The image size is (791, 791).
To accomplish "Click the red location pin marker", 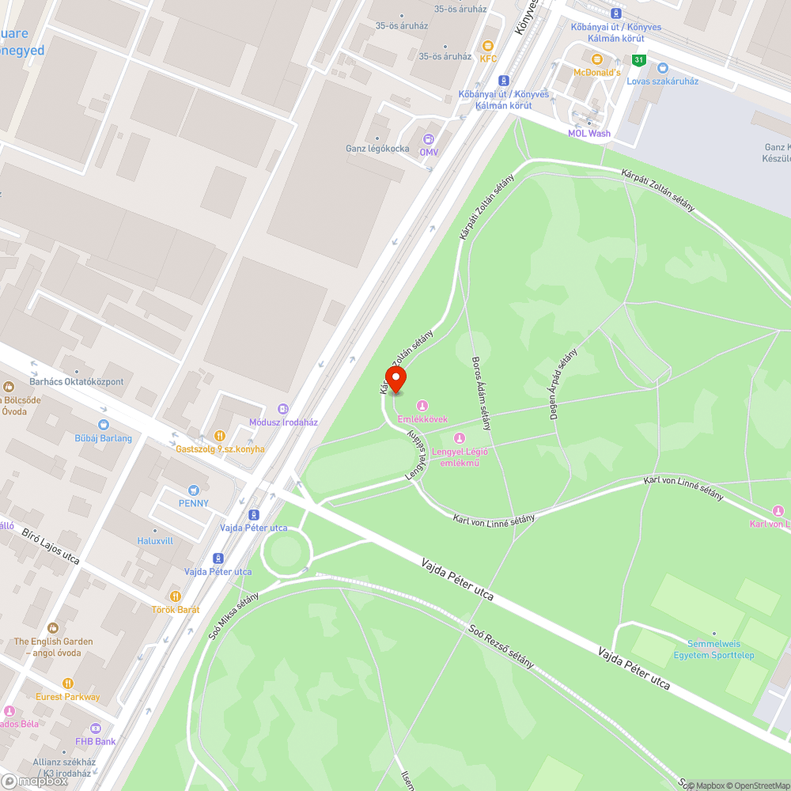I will click(395, 378).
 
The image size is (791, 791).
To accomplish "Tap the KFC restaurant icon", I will click(488, 46).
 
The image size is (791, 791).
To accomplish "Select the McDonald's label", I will click(596, 72).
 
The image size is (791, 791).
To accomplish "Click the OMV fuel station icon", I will click(429, 138).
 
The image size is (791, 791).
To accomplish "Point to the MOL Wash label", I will click(589, 133).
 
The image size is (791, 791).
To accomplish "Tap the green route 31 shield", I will click(638, 60).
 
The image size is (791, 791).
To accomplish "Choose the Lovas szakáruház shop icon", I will click(663, 68).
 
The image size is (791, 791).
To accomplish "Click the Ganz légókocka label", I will click(377, 149).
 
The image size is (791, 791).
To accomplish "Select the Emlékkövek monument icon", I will click(422, 406).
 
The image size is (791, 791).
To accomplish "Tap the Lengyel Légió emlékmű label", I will click(459, 457).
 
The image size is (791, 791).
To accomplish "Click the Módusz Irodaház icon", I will click(283, 408).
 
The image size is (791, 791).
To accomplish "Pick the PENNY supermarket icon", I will click(194, 490).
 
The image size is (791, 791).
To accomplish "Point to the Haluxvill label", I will click(155, 541).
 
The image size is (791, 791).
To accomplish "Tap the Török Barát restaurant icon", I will click(176, 596).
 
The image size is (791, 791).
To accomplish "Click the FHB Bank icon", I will click(96, 728).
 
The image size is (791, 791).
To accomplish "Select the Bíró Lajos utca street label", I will click(51, 546).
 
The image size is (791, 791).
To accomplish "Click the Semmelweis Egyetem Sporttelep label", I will click(713, 649).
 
